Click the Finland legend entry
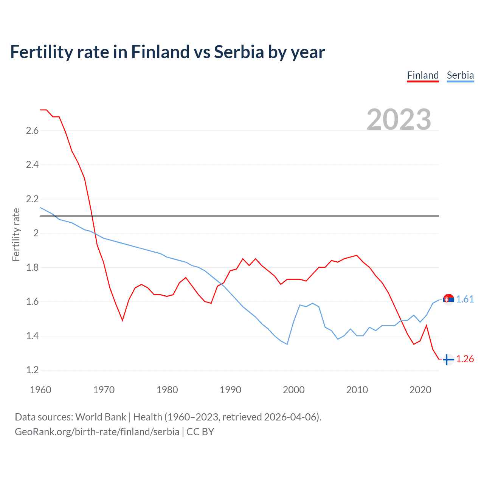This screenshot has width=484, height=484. coord(423,75)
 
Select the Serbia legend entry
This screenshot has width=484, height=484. coord(460,75)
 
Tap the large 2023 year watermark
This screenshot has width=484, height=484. coord(399,119)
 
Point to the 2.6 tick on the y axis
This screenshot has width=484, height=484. coord(32,131)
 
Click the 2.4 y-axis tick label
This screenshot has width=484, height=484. coord(32,165)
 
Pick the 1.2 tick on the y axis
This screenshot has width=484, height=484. coord(32,370)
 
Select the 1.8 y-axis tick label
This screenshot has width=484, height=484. coord(32,267)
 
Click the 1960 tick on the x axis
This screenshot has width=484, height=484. coord(40,390)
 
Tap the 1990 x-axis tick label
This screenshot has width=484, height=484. coord(230,390)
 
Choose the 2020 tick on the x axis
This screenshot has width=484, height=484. coord(420,390)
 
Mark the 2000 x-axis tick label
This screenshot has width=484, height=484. coord(293,390)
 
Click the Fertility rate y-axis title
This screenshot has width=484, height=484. coord(16,234)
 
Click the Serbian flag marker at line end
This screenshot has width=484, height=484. coord(448,299)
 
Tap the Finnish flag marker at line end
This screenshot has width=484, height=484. coord(448,360)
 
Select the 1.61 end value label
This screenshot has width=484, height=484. coord(465,299)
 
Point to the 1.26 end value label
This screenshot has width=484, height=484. coord(465,359)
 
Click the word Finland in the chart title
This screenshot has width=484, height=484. coord(160,52)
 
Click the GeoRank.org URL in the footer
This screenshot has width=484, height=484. coord(97,432)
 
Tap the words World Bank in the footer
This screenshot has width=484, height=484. coord(101,417)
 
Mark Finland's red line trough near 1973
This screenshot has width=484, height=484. coord(123,320)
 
